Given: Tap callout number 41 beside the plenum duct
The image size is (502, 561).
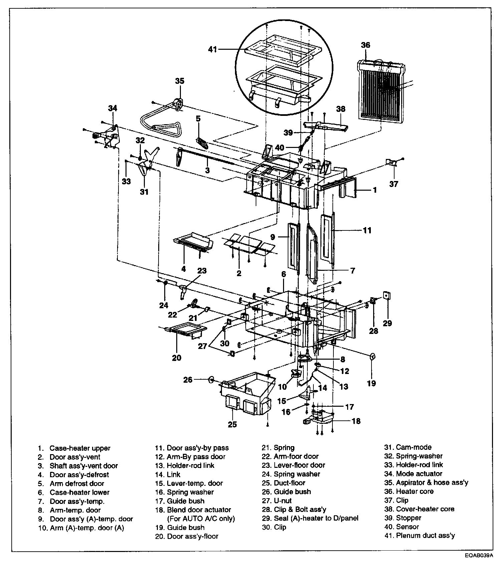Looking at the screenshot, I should [213, 49].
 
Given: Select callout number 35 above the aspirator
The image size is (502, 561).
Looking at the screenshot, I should [180, 81].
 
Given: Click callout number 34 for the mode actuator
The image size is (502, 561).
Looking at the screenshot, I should [113, 108].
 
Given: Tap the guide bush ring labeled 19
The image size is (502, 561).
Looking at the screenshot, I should [372, 357].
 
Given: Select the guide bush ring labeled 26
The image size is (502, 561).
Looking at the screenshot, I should [211, 379].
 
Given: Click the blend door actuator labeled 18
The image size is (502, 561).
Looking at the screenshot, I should [320, 417].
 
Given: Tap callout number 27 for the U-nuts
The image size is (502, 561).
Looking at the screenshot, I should [203, 346].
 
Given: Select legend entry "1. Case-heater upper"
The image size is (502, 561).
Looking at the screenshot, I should [79, 448].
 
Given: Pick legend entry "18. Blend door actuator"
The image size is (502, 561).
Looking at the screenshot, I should [199, 510].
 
